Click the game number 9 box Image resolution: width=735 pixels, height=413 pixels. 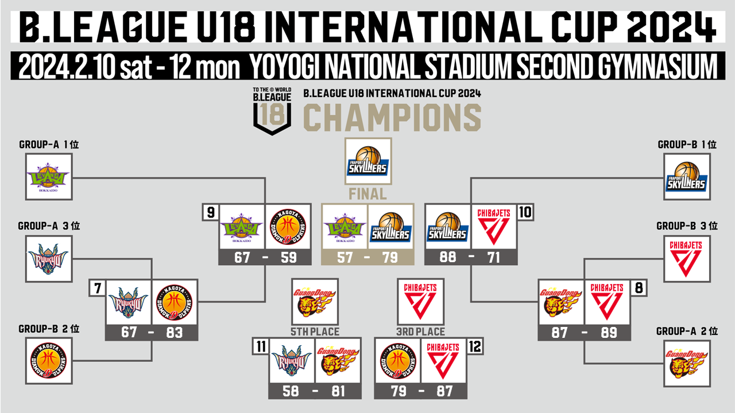tap(211, 212)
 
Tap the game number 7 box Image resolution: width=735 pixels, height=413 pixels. tap(98, 288)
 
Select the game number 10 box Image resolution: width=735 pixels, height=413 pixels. tap(525, 212)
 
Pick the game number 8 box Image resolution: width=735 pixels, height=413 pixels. tap(639, 288)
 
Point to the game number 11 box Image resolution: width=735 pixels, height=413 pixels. tap(261, 346)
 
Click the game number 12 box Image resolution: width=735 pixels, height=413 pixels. tap(475, 346)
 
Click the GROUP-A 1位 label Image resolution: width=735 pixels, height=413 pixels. tap(49, 145)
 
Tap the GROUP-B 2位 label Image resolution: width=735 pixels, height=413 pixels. tap(49, 329)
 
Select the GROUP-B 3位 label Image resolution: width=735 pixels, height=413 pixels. tap(687, 226)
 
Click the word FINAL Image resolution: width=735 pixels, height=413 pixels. tap(367, 194)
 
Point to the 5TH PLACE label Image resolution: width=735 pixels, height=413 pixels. tap(315, 332)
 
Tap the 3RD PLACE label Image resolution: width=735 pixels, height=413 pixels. tap(421, 332)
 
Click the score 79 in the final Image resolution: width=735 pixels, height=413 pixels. tap(390, 258)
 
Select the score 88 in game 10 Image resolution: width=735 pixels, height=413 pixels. tap(448, 258)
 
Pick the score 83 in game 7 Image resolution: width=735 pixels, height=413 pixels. tap(174, 333)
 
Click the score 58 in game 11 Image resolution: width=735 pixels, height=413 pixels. tap(291, 391)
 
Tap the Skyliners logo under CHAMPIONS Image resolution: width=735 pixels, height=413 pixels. tap(368, 161)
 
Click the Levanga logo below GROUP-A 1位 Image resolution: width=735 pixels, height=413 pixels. tap(49, 177)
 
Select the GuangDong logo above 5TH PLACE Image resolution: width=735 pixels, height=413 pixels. tap(315, 302)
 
